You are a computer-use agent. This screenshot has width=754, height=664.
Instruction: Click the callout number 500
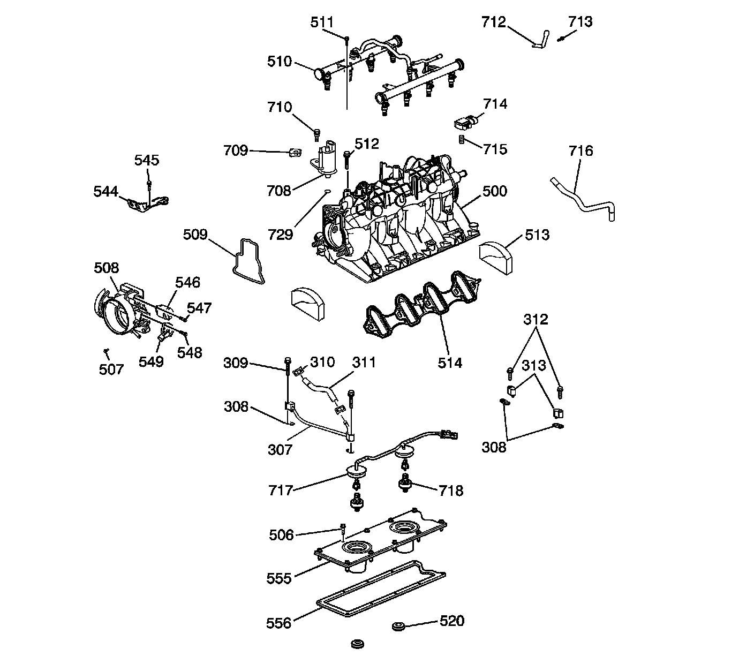coord(494,191)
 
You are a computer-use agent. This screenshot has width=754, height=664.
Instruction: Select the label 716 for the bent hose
coord(581,151)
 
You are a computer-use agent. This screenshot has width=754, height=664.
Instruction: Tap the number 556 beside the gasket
coord(279,623)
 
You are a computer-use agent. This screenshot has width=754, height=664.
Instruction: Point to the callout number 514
coord(449,363)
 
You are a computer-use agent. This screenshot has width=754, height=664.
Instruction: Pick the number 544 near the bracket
coord(105,191)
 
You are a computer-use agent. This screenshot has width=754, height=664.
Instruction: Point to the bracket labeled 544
coord(148,204)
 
